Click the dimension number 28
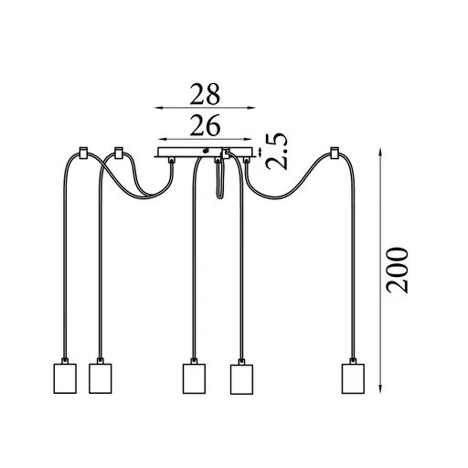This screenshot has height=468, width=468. [x=205, y=94]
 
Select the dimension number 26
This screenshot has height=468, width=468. [x=205, y=125]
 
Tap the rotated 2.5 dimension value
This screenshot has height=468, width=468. [x=276, y=151]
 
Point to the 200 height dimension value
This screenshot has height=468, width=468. [x=397, y=271]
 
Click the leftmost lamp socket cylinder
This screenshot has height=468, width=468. [x=65, y=378]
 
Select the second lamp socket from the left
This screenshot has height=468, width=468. [x=101, y=378]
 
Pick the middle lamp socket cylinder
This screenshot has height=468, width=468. [x=194, y=378]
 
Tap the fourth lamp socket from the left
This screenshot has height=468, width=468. [x=241, y=379]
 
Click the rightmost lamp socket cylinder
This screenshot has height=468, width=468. [x=353, y=378]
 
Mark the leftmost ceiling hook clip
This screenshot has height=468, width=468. [x=83, y=153]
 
